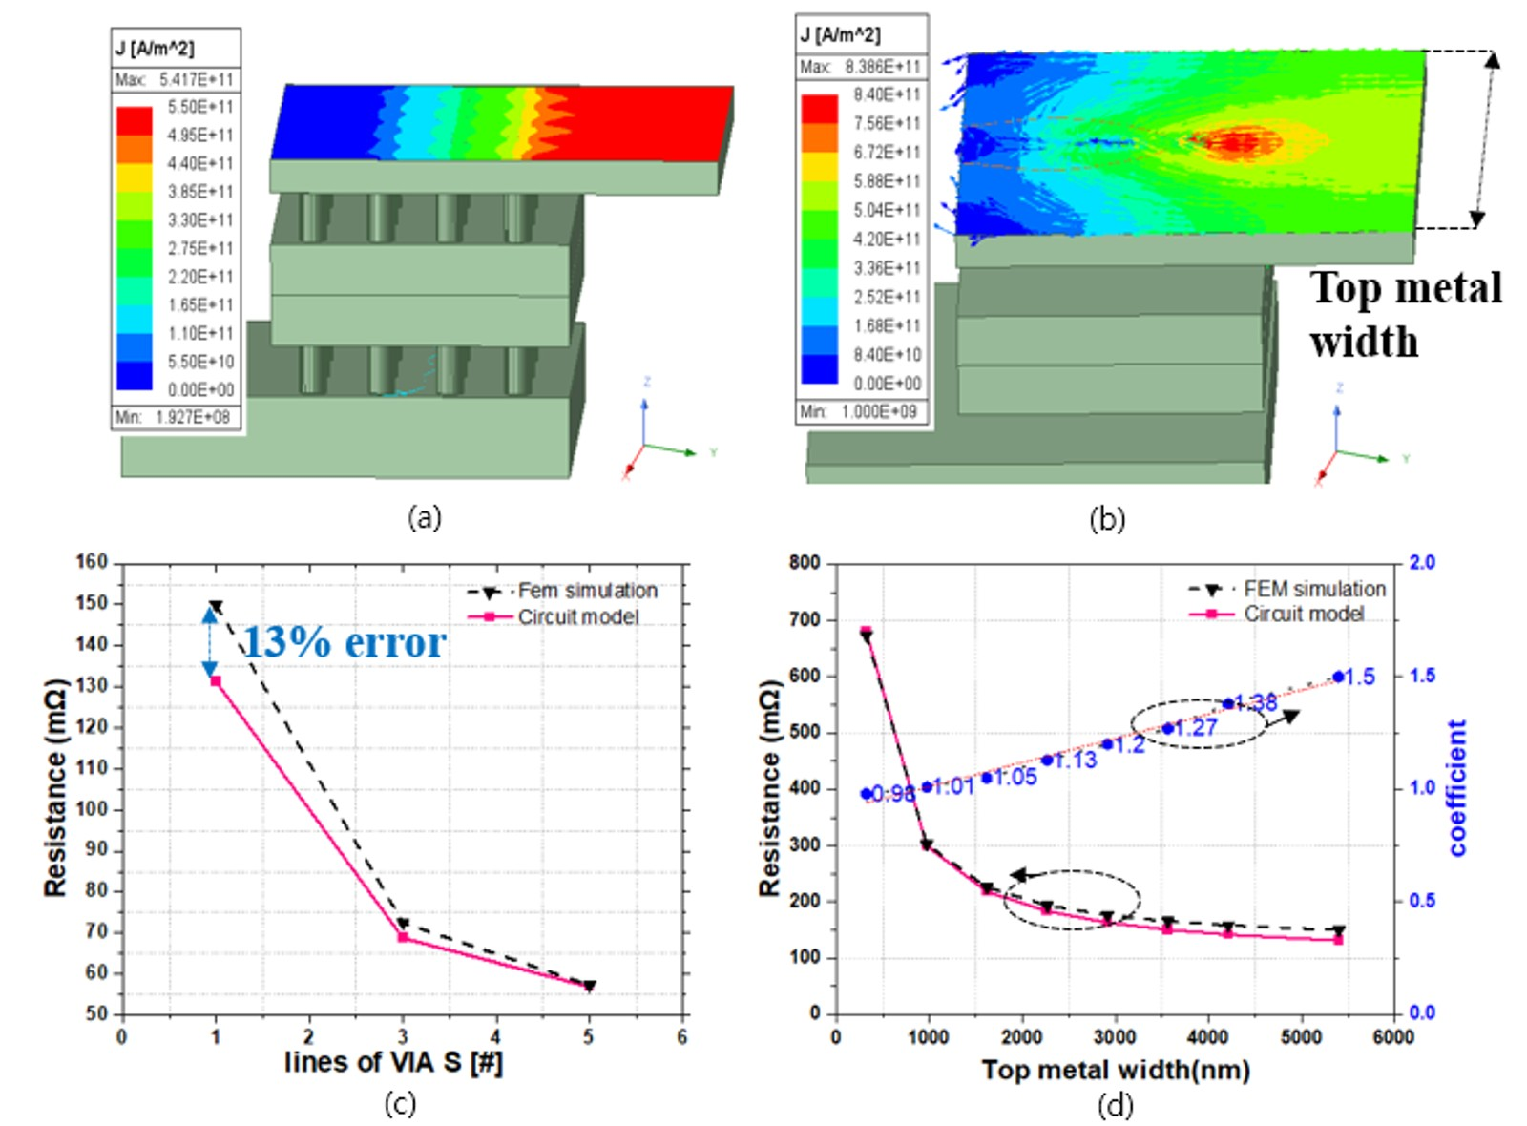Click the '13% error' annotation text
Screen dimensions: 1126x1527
pos(345,643)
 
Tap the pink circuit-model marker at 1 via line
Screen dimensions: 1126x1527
pos(216,681)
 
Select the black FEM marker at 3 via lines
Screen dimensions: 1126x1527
pos(403,924)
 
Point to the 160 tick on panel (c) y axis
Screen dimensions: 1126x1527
pos(93,562)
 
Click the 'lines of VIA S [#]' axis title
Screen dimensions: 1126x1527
pos(393,1062)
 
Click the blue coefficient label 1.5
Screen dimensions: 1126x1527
pos(1360,677)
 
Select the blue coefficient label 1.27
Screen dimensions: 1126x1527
pos(1196,728)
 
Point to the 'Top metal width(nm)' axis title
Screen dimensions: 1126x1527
pos(1115,1070)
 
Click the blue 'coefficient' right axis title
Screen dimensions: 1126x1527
pos(1457,787)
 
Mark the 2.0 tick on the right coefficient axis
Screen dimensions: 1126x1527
pos(1421,563)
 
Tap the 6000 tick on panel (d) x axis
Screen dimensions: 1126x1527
pos(1392,1037)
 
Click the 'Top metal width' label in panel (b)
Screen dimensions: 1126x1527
pos(1405,315)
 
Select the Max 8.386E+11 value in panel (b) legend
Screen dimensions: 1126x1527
pos(882,67)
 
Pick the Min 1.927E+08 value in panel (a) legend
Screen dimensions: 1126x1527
pos(193,417)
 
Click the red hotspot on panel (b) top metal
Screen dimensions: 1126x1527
pos(1233,143)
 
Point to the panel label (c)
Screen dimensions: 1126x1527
pos(400,1104)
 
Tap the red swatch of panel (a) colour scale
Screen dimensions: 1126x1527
pos(134,120)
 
